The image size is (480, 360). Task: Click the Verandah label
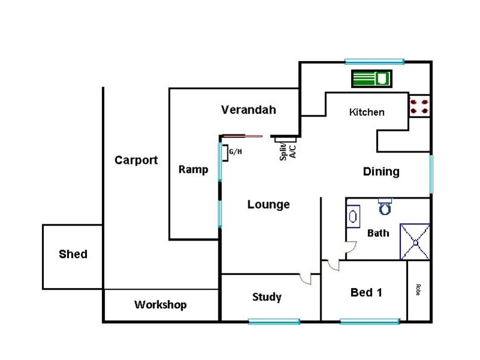(x=248, y=110)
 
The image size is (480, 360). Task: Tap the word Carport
(x=136, y=160)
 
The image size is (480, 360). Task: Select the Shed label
(x=73, y=254)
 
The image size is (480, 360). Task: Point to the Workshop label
(x=160, y=305)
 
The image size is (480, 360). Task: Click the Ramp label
(x=193, y=170)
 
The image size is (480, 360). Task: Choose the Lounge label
(x=268, y=205)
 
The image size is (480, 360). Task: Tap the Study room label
(x=267, y=297)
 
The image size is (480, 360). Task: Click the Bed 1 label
(x=366, y=293)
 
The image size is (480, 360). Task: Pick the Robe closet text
(x=417, y=290)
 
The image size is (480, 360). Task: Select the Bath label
(x=378, y=233)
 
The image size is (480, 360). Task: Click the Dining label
(x=381, y=172)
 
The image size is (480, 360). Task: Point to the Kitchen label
(x=367, y=112)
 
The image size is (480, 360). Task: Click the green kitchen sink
(x=371, y=78)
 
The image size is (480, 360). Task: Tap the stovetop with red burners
(x=419, y=106)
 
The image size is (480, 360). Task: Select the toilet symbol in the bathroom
(x=385, y=206)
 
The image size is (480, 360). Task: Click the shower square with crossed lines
(x=415, y=242)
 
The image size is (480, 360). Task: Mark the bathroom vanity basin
(x=353, y=215)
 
